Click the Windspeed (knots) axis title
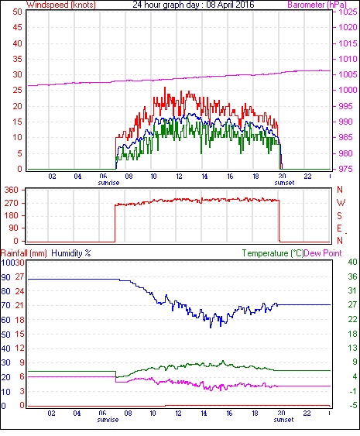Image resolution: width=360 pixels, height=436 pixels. tap(61, 5)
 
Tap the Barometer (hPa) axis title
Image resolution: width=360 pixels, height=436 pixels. tap(317, 5)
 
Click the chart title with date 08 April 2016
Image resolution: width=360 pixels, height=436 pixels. tap(194, 5)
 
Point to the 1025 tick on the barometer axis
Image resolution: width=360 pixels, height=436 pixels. tap(348, 12)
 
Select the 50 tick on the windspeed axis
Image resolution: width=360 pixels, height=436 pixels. tap(17, 12)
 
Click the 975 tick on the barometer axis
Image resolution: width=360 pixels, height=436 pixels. tap(345, 169)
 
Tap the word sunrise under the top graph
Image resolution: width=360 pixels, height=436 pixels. tap(108, 183)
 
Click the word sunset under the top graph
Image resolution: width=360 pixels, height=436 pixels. tap(284, 183)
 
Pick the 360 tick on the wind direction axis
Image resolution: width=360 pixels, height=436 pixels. tap(12, 191)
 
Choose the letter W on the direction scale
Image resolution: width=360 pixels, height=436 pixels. tap(341, 203)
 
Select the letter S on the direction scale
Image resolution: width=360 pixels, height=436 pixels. tap(339, 215)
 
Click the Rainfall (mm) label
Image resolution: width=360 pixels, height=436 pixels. tap(24, 253)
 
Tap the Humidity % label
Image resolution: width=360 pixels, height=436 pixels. tap(71, 253)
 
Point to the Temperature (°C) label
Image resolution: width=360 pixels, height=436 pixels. tap(273, 253)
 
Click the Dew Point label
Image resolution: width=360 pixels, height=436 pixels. tap(323, 253)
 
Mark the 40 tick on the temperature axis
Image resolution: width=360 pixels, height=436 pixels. tap(352, 262)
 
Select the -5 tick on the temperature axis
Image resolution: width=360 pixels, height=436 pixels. tap(353, 406)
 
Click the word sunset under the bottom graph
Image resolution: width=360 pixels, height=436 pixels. tap(283, 420)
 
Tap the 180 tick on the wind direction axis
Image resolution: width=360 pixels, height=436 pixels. tap(12, 216)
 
